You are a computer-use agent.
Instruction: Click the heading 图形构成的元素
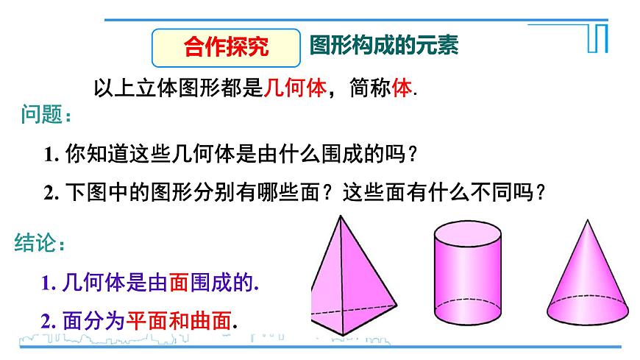[384, 46]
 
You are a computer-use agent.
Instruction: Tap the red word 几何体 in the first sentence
[294, 88]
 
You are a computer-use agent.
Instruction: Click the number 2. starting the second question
[51, 193]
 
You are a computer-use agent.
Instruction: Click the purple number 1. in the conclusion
[49, 283]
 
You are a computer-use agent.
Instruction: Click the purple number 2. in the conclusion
[49, 321]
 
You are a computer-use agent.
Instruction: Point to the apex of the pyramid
[339, 216]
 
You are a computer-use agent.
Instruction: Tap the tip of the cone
[589, 219]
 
